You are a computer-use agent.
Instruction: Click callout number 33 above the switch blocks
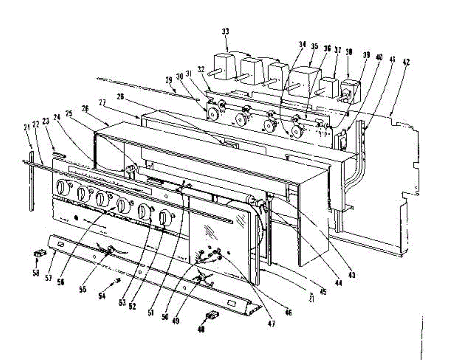coord(226,31)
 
